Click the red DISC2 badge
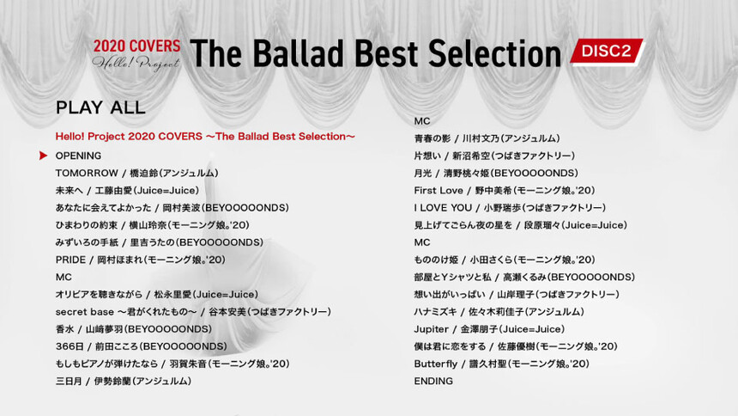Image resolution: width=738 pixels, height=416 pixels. coord(607,51)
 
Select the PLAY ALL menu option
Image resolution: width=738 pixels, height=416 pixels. coord(100,107)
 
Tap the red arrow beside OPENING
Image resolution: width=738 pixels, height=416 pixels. coord(43,156)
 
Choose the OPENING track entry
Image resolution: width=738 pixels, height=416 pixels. coord(78,156)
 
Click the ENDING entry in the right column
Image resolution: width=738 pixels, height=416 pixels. coord(433,381)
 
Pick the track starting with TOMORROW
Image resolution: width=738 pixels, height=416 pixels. coord(136,173)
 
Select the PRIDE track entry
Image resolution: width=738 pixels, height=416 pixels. coord(140,260)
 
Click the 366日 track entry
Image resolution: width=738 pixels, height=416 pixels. coord(142,346)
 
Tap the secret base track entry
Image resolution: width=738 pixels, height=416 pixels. coord(193,312)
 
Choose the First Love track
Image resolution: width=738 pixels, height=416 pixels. coord(505,191)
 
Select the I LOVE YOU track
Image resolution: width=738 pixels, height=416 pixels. coord(510,208)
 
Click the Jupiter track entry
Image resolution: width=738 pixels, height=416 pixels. coord(489,329)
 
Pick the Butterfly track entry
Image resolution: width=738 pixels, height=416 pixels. coord(502,364)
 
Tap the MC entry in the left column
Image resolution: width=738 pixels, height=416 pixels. coord(64,278)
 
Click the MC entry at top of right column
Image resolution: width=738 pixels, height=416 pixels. coord(422,121)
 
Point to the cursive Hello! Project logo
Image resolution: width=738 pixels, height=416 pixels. coord(136,64)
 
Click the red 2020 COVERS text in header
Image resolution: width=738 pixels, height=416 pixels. coord(136,46)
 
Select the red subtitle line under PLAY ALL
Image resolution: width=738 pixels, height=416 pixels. coord(205,137)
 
